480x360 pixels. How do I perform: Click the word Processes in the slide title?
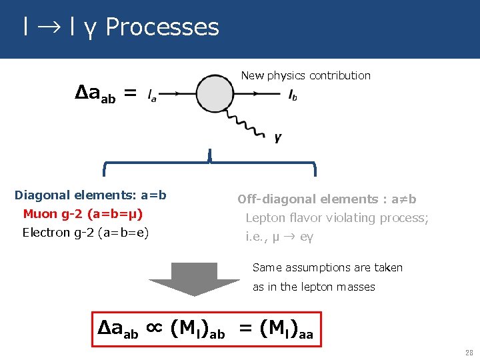162,27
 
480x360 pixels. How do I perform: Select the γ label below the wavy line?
278,138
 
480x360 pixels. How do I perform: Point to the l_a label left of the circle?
152,97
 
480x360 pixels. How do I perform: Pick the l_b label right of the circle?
293,97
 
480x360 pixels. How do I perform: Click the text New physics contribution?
305,75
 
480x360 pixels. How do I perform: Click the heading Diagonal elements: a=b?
91,195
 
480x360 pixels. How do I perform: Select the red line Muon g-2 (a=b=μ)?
83,214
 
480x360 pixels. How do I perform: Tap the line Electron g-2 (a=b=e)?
85,233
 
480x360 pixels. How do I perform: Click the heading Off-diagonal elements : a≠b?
327,199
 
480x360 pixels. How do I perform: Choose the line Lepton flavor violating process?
337,217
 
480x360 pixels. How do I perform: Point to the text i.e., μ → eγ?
279,236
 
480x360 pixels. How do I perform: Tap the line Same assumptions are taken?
327,267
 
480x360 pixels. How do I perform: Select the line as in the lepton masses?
313,287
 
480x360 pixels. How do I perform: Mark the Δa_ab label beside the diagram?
96,95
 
